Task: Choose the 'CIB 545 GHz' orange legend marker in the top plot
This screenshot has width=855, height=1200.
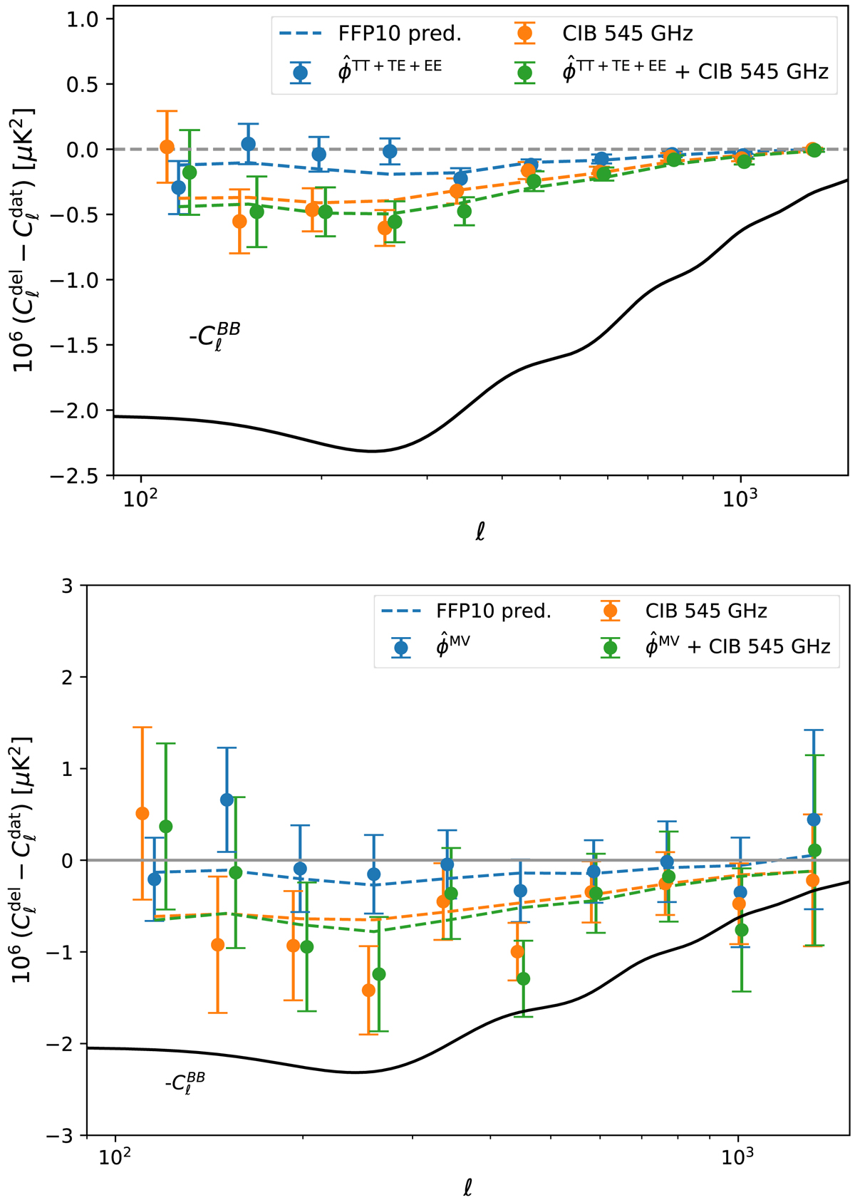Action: coord(525,33)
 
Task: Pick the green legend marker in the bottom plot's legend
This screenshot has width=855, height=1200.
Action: coord(609,647)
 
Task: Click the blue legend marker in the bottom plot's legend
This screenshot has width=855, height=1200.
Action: coord(401,647)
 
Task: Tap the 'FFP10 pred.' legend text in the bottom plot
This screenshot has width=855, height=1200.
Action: coord(494,611)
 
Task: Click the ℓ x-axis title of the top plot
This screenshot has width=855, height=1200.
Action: coord(480,532)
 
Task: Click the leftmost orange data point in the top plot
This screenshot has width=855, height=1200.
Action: coord(167,147)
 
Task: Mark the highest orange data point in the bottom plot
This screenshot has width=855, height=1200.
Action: coord(142,813)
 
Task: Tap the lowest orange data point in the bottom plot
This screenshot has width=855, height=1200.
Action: coord(368,990)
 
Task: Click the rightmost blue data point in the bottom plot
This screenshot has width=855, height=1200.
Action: coord(814,819)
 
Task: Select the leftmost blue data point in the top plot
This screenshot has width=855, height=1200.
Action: coord(179,187)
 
